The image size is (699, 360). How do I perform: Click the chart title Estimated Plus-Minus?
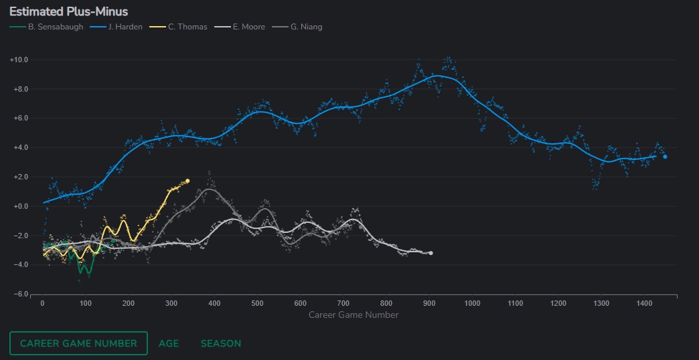pyautogui.click(x=68, y=12)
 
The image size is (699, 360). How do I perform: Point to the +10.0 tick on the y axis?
pyautogui.click(x=19, y=60)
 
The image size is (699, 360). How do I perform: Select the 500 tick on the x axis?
pyautogui.click(x=257, y=304)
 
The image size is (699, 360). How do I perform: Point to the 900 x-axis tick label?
pyautogui.click(x=429, y=304)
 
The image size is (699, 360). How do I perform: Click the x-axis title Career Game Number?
pyautogui.click(x=354, y=314)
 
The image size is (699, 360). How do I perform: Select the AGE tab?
pyautogui.click(x=169, y=343)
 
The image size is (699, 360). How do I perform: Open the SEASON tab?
pyautogui.click(x=221, y=343)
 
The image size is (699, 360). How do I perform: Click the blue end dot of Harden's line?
pyautogui.click(x=665, y=157)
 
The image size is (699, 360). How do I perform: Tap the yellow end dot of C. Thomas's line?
pyautogui.click(x=187, y=181)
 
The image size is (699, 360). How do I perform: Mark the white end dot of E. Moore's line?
pyautogui.click(x=431, y=253)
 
